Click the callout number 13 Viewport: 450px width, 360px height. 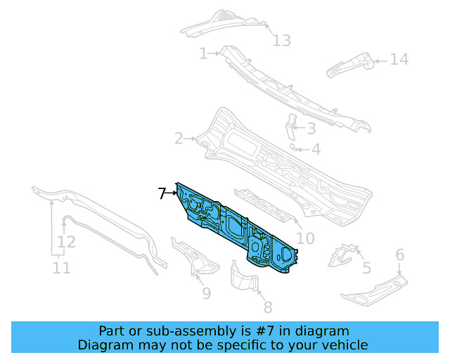tap(281, 41)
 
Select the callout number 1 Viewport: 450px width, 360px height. tap(203, 53)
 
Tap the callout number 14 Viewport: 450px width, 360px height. tap(399, 60)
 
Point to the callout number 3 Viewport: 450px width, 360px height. tap(311, 128)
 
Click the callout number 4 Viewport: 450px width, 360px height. tap(316, 149)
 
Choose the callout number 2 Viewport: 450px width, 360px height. tap(179, 139)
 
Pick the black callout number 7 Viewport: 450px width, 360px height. tap(162, 193)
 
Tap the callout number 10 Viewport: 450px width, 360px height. tap(305, 239)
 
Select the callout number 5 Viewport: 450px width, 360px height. tap(366, 267)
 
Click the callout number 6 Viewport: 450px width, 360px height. tap(399, 255)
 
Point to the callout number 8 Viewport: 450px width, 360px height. tap(267, 307)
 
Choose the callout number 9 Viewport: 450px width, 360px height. tap(206, 293)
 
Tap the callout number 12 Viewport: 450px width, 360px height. tap(66, 243)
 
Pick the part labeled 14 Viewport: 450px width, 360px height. tap(350, 65)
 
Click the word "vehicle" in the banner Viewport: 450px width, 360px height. tap(344, 345)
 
